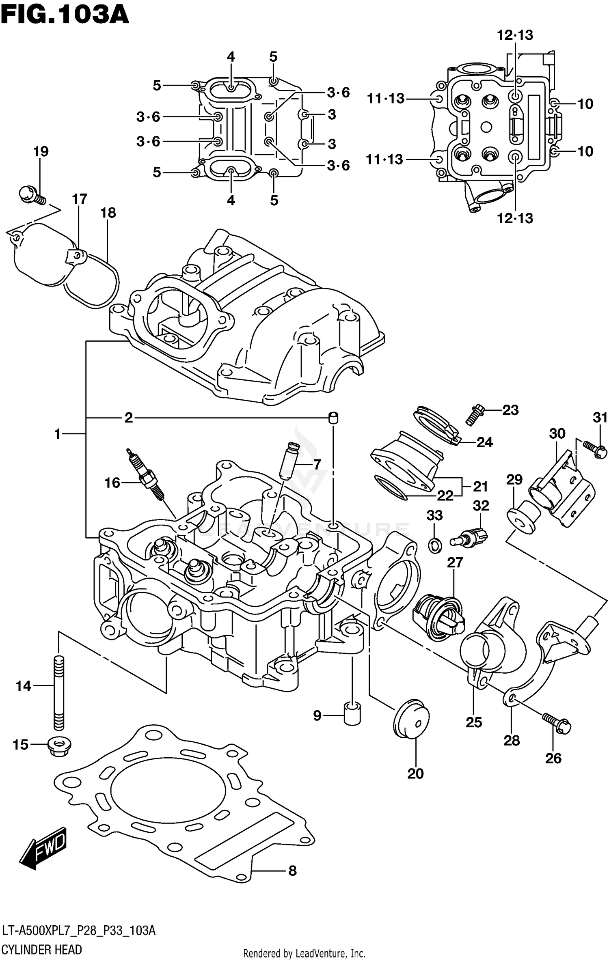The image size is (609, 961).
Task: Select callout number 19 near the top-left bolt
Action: (x=41, y=151)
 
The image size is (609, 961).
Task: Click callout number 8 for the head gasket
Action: (x=292, y=871)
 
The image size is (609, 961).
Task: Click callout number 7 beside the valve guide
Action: (x=317, y=463)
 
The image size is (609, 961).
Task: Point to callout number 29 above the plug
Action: (x=514, y=480)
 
